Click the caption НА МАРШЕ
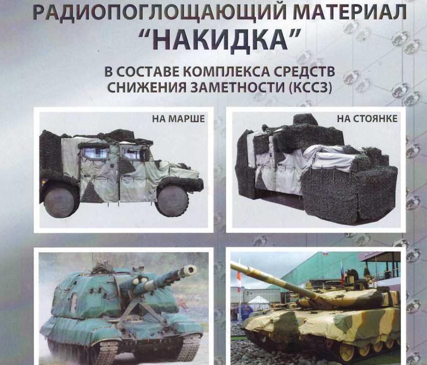(178, 119)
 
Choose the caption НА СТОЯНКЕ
(367, 119)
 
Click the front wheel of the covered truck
(172, 200)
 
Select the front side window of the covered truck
(131, 154)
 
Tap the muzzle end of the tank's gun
(233, 266)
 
